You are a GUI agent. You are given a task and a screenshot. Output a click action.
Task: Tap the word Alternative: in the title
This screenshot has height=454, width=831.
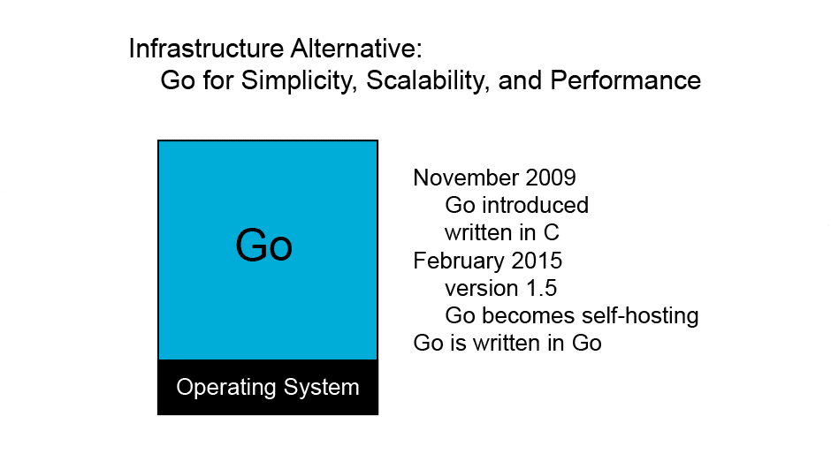356,49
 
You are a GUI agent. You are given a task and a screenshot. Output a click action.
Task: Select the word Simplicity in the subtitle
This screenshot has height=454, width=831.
300,81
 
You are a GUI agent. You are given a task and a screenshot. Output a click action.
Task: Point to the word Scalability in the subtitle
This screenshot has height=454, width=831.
428,81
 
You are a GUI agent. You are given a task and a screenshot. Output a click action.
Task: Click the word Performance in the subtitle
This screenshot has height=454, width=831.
625,80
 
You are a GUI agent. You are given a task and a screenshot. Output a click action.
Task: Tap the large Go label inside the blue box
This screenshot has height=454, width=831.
264,246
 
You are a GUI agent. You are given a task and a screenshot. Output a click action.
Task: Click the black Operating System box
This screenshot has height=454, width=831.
268,387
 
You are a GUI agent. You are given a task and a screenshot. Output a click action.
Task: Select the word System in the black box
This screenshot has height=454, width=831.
321,388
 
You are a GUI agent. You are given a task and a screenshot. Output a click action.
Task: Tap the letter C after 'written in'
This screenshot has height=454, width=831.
552,233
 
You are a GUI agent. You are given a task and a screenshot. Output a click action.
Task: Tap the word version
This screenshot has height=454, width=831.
482,288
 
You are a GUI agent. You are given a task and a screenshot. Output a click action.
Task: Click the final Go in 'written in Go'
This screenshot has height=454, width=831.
587,344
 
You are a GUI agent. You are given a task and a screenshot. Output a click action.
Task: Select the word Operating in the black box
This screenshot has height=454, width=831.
226,388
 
